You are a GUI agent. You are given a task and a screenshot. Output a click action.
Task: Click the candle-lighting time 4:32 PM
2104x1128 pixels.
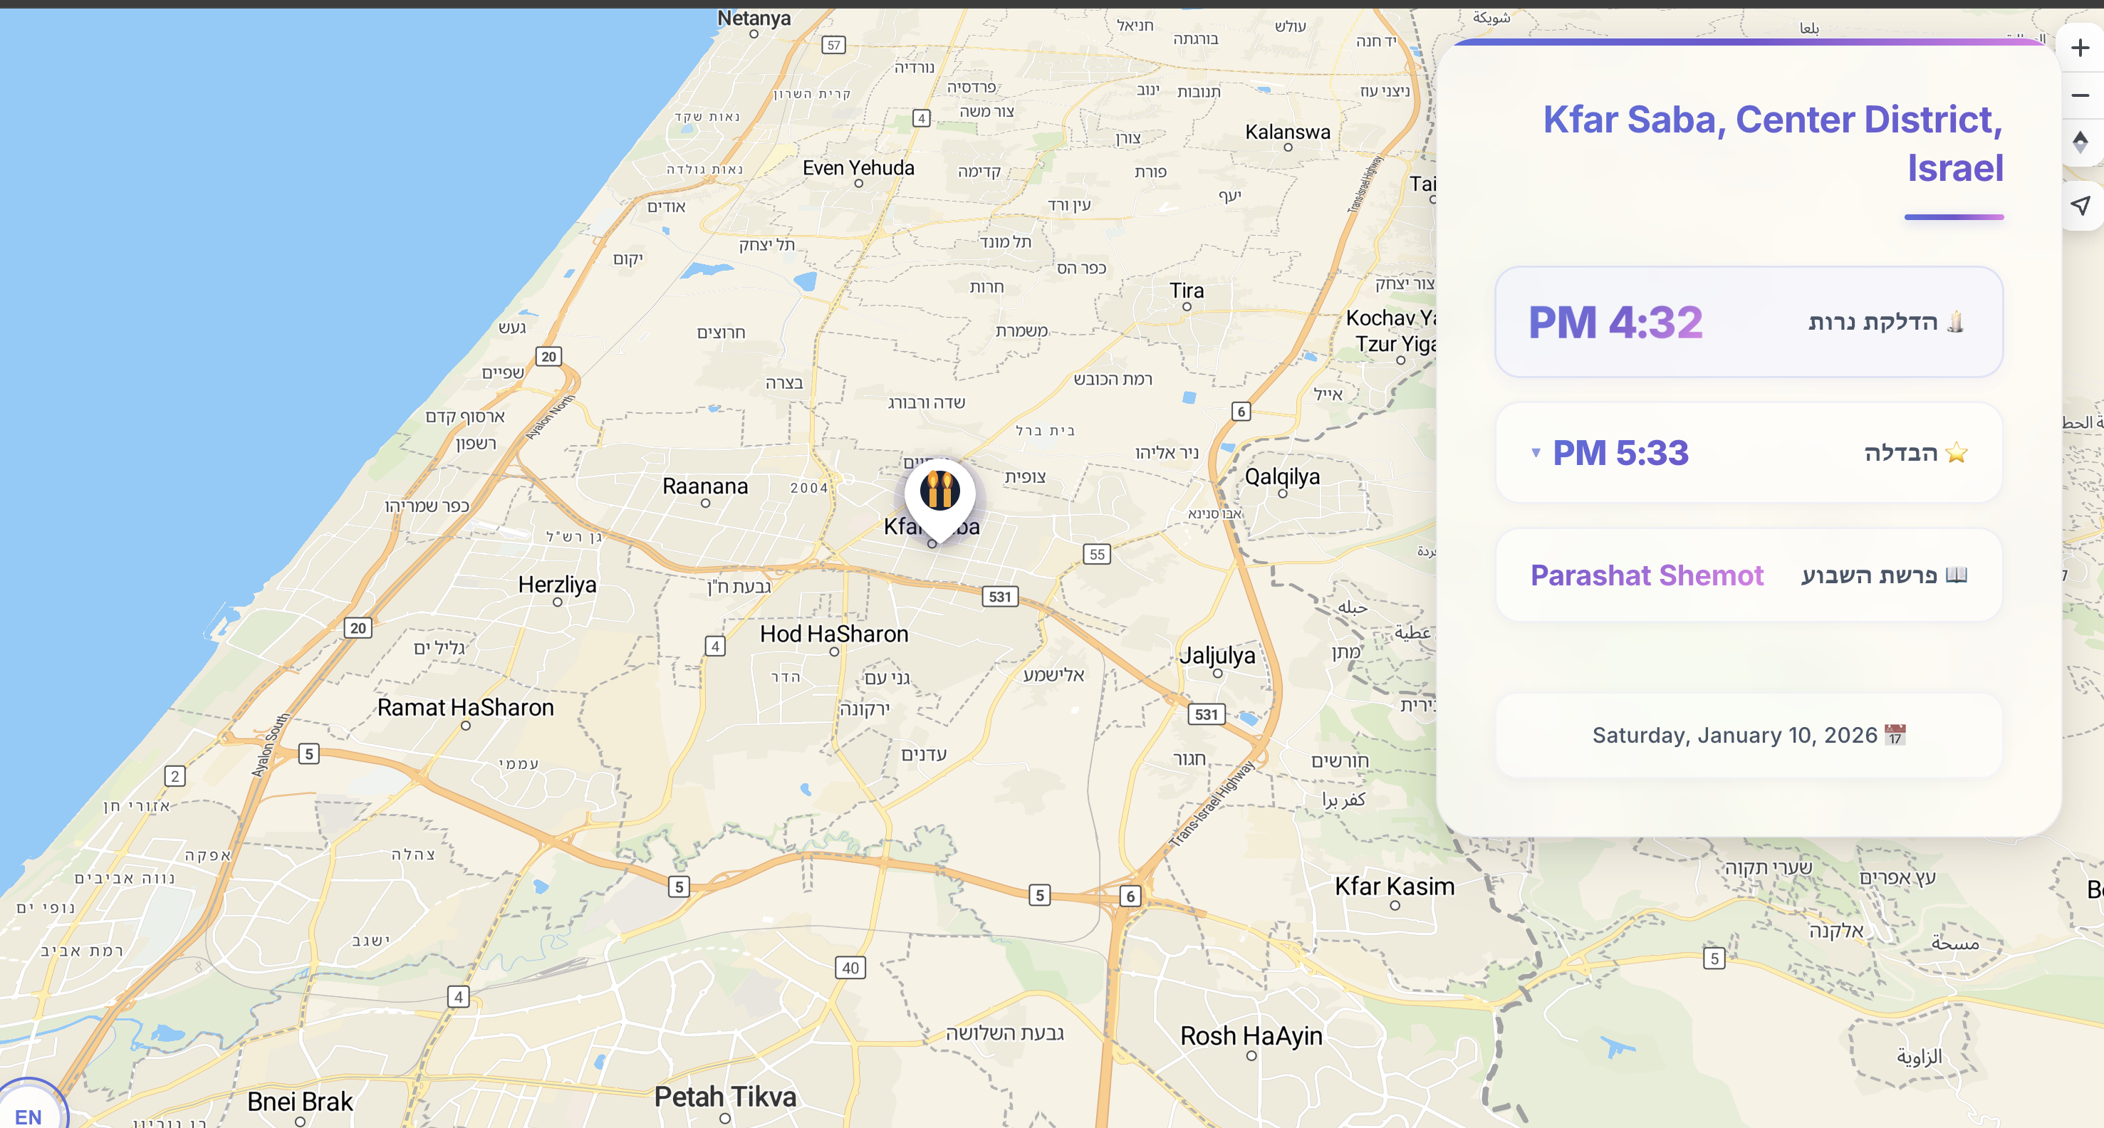tap(1615, 322)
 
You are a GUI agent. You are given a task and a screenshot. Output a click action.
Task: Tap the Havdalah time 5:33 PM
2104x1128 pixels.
tap(1620, 452)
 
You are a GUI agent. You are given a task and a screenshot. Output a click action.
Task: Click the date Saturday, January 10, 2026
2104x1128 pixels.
tap(1735, 735)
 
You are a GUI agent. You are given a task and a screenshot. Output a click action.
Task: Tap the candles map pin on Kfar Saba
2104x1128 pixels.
tap(939, 491)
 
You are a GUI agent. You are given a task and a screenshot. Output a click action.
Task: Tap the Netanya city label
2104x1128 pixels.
tap(753, 18)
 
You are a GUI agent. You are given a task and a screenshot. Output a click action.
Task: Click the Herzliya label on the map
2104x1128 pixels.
tap(557, 585)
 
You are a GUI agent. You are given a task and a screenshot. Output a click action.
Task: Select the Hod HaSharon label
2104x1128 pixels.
tap(834, 634)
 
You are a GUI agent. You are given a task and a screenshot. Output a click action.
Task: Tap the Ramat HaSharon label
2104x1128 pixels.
tap(466, 707)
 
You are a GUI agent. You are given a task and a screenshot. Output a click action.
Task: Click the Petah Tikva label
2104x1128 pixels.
tap(725, 1096)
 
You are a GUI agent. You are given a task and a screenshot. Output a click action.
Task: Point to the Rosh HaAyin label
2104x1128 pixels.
tap(1251, 1035)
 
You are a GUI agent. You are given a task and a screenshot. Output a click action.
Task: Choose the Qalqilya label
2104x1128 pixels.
tap(1281, 476)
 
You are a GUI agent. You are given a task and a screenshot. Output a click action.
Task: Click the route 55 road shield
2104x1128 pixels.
tap(1097, 554)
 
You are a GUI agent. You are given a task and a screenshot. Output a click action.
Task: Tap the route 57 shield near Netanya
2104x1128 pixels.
tap(833, 45)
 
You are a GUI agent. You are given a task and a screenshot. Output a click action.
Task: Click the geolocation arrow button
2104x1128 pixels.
tap(2080, 205)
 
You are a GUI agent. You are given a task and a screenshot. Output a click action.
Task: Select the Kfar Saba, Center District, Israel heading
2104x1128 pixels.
tap(1772, 144)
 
